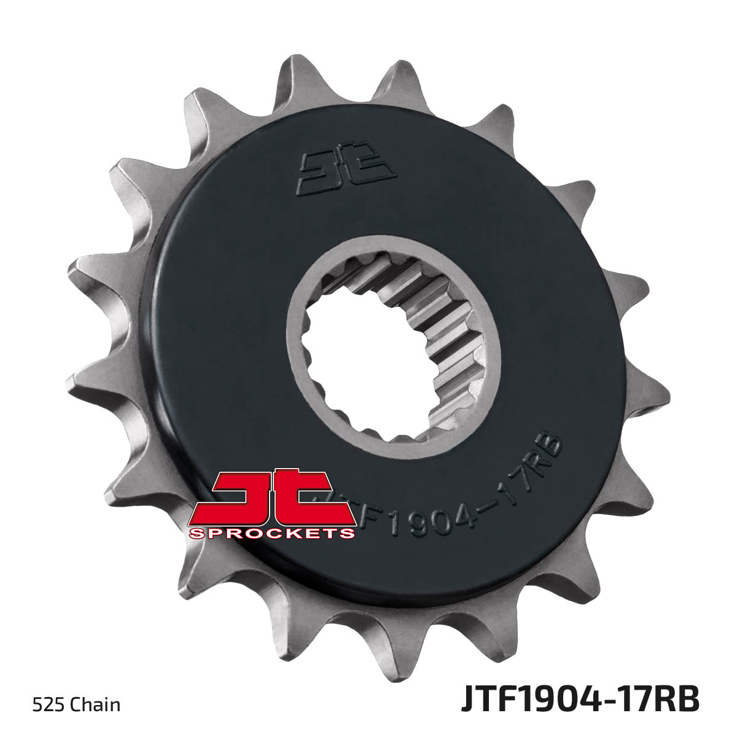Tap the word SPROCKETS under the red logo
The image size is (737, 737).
coord(272,532)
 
